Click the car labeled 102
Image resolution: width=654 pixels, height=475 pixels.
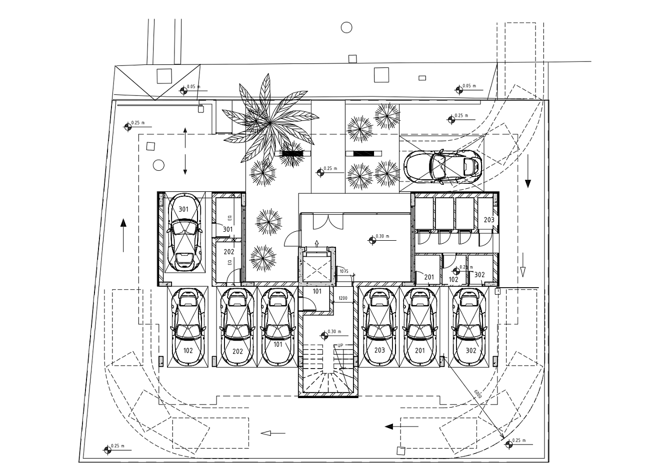click(x=187, y=328)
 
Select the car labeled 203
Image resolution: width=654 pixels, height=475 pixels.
click(x=379, y=328)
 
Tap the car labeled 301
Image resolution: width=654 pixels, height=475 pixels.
click(x=184, y=233)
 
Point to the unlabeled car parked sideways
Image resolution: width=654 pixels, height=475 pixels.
click(x=442, y=166)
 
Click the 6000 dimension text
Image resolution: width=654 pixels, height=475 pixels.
click(x=478, y=394)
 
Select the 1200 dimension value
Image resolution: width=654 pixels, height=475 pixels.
click(x=342, y=298)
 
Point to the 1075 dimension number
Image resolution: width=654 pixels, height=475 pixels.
click(x=344, y=271)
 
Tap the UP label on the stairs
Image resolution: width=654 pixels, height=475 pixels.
click(x=340, y=346)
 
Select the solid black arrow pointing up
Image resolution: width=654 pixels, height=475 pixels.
click(x=123, y=235)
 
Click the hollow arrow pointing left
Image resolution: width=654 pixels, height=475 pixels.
click(x=273, y=433)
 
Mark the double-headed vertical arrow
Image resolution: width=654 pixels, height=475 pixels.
click(x=185, y=151)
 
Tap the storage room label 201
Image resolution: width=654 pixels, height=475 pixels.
click(x=429, y=277)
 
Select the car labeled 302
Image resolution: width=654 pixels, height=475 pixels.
click(x=470, y=328)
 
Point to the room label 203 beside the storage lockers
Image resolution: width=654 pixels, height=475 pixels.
click(x=488, y=220)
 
